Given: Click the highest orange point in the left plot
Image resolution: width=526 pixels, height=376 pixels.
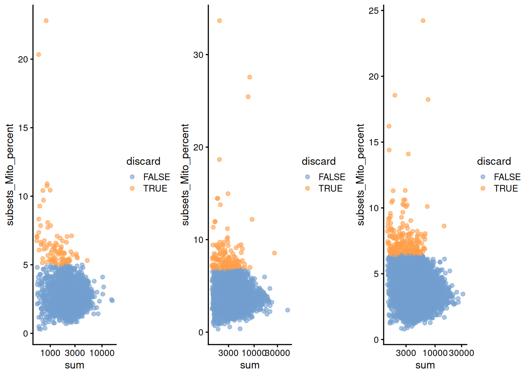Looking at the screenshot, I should tap(46, 21).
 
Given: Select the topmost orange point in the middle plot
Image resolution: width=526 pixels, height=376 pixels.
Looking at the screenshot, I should tap(220, 21).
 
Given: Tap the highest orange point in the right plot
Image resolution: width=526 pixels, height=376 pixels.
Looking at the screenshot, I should tap(423, 21).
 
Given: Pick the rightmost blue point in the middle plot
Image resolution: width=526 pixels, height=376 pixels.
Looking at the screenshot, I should tap(288, 310).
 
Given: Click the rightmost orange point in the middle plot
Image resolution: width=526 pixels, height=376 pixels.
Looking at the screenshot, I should tap(275, 253).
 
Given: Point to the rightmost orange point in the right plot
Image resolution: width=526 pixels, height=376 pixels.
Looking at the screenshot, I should tap(444, 226).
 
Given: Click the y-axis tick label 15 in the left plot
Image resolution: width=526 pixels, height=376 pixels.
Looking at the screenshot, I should tap(23, 128).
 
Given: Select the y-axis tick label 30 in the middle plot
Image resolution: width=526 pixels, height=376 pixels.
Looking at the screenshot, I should tap(198, 55).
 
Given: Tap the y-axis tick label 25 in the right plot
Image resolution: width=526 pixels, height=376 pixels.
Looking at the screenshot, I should tap(374, 11).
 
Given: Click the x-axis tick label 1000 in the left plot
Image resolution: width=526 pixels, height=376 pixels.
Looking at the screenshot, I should tap(50, 353).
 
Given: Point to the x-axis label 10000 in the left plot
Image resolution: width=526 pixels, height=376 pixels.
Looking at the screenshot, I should tap(102, 353).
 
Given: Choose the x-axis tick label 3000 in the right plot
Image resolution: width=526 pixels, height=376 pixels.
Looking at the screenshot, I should tap(406, 353).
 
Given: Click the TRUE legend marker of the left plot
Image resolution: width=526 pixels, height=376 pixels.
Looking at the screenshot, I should tap(132, 188).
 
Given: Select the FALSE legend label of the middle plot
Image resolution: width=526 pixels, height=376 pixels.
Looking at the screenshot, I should tap(332, 177).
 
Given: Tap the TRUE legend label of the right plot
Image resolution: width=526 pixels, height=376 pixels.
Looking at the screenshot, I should tap(506, 188).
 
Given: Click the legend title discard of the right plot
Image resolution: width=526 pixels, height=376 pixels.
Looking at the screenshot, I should tap(494, 161).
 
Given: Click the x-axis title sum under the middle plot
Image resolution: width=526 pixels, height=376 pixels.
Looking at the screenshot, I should tap(250, 365).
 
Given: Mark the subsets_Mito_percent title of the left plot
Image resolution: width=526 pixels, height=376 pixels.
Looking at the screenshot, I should tap(10, 175).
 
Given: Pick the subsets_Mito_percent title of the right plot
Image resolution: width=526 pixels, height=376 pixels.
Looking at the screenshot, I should tap(360, 175).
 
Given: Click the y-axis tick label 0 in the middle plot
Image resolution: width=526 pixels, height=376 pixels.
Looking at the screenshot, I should tap(201, 333).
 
